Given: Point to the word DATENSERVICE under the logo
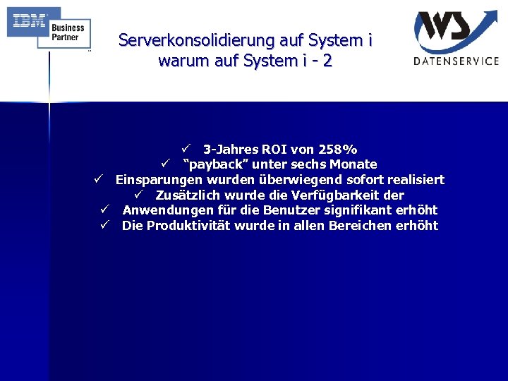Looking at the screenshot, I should coord(456,61).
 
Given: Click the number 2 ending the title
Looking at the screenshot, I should coord(327,61).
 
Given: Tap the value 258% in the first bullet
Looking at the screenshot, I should coord(338,150).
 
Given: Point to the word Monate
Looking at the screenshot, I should coord(353,164).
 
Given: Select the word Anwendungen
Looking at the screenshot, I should coord(165,210).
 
